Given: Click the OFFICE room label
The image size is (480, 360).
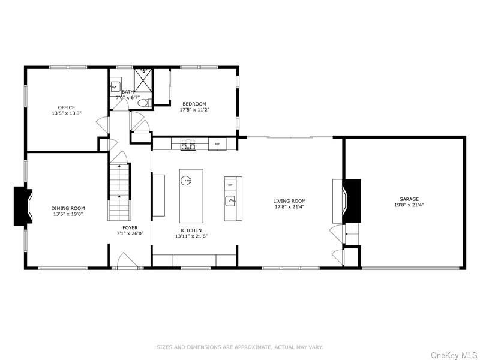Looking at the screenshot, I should [67, 107].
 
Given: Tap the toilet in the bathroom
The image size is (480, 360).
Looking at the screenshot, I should [142, 103].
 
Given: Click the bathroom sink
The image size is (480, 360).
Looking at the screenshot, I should [116, 86].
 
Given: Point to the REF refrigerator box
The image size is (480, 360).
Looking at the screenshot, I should [217, 144].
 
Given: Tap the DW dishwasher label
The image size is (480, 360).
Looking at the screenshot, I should [230, 184].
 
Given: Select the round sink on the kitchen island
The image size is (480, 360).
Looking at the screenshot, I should [187, 179].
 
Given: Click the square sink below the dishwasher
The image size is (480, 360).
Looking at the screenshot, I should [230, 200].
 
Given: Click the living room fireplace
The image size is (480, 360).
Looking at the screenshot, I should [352, 199].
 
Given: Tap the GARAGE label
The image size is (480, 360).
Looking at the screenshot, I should [409, 199].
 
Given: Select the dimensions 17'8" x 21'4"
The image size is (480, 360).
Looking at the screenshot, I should [289, 207].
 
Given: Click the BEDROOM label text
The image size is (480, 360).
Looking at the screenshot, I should [194, 104].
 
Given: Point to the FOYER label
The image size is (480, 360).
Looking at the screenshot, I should [130, 228].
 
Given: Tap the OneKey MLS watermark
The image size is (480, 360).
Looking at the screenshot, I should [454, 355].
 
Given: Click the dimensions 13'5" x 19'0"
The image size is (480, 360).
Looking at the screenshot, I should [68, 214].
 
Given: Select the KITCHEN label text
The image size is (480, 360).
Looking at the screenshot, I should [191, 230].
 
